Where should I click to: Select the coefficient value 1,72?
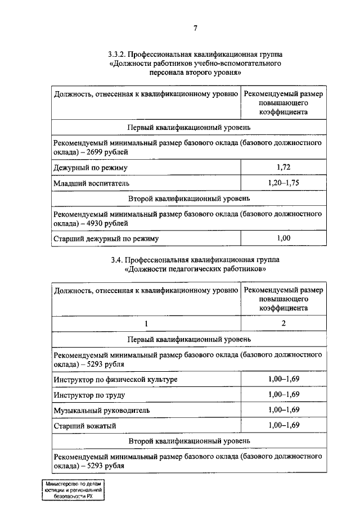[x=283, y=168]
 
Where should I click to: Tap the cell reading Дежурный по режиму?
[x=91, y=168]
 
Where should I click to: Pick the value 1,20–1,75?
[x=283, y=183]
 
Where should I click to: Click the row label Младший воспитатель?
[x=92, y=183]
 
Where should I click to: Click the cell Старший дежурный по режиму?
[x=107, y=239]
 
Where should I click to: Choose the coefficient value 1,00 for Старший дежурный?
[x=283, y=238]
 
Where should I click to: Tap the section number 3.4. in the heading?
[x=115, y=260]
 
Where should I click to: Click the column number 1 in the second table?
[x=146, y=323]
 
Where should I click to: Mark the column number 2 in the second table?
[x=283, y=323]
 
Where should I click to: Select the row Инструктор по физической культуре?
[x=116, y=380]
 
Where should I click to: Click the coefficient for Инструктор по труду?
[x=283, y=395]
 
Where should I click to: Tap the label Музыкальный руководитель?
[x=102, y=411]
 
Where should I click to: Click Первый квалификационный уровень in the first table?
[x=188, y=128]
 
